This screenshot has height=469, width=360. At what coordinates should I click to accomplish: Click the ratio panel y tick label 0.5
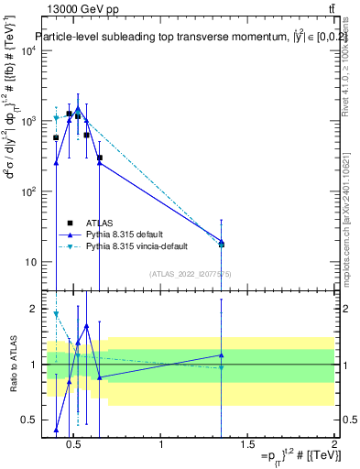point(27,420)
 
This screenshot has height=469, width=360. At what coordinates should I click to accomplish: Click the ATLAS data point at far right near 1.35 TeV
point(221,244)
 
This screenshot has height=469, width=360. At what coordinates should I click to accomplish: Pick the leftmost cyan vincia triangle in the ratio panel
point(56,314)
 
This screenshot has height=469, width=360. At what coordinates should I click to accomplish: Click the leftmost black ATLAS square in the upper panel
point(56,137)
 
